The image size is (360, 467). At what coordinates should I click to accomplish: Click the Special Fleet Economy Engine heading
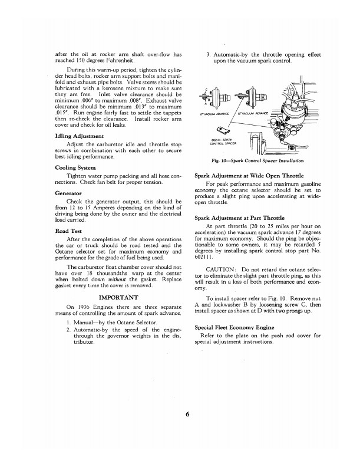pos(237,327)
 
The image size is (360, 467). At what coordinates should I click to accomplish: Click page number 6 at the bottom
pos(186,413)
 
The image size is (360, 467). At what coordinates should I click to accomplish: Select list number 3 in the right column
pos(208,55)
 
